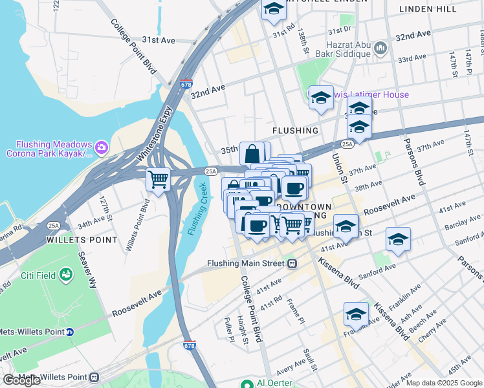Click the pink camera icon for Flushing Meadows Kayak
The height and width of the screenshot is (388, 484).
tap(102, 149)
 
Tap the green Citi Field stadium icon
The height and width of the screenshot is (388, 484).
tap(65, 276)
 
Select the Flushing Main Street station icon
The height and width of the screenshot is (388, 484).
tap(292, 263)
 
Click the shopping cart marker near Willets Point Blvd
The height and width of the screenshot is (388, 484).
tap(158, 178)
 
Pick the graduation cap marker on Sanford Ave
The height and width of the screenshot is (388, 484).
tap(398, 239)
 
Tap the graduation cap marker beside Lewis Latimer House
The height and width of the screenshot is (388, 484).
tap(321, 98)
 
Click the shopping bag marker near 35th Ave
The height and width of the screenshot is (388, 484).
tap(252, 154)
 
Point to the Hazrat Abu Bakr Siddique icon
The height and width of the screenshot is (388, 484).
tap(380, 48)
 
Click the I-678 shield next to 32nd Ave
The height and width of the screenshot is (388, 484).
tap(186, 84)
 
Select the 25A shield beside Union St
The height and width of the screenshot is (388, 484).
tap(347, 144)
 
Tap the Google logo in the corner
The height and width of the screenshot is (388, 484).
tap(21, 380)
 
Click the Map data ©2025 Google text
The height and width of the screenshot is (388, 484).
tap(443, 383)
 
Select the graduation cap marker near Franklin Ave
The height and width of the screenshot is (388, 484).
tap(356, 314)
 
